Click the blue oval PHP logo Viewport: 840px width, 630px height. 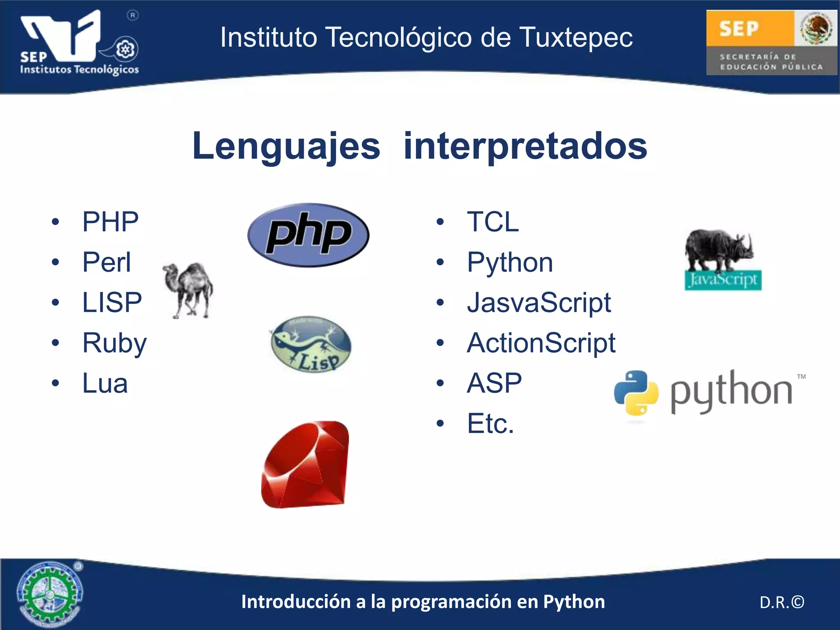(x=308, y=235)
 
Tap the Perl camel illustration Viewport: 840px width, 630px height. (x=188, y=290)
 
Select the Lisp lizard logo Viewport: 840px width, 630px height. (x=311, y=344)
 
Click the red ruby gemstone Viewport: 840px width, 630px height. (x=306, y=464)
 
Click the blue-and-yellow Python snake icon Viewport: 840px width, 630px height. (x=636, y=393)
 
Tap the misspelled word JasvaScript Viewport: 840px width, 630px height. (x=539, y=303)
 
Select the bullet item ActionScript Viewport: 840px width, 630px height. (x=541, y=343)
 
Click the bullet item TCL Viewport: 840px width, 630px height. (x=493, y=222)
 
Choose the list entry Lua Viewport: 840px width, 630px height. (x=105, y=383)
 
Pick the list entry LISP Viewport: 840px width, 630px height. (x=112, y=303)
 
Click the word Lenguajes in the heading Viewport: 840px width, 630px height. (x=286, y=146)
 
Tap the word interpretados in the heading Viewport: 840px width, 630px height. (x=525, y=146)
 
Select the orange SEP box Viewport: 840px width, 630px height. (x=749, y=28)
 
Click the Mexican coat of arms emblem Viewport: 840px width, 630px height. (x=816, y=28)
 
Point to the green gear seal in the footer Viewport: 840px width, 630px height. (x=50, y=593)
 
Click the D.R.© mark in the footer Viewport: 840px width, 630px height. (x=782, y=602)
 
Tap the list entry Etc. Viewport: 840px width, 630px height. (x=490, y=424)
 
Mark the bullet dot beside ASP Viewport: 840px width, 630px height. (x=440, y=383)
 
